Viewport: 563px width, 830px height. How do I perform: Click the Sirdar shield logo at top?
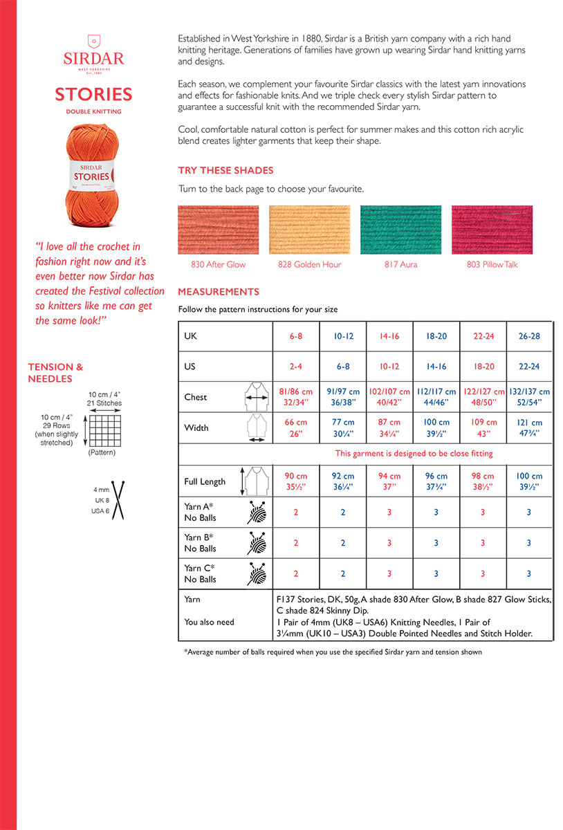[x=93, y=41]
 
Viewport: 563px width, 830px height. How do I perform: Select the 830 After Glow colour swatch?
[x=218, y=230]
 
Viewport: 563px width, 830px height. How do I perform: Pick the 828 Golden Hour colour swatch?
[x=309, y=230]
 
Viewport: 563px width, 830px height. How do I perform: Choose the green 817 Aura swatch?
[x=400, y=230]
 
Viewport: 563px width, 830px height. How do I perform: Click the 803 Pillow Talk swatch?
[x=492, y=230]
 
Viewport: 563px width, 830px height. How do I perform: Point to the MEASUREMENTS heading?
[x=219, y=292]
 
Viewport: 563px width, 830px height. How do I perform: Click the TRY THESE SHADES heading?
[x=225, y=170]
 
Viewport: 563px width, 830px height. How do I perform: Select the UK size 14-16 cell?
[x=389, y=336]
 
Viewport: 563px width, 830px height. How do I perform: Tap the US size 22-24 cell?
[x=529, y=367]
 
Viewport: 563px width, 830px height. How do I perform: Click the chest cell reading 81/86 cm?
[x=296, y=396]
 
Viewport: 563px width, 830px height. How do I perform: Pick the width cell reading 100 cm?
[x=436, y=427]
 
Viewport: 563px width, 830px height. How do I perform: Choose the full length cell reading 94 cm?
[x=389, y=481]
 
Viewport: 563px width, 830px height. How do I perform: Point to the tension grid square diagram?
[x=104, y=430]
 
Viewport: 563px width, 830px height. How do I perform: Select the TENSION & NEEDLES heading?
[x=55, y=373]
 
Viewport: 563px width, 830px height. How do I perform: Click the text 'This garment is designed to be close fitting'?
[x=414, y=454]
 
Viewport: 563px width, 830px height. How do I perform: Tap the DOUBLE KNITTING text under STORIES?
[x=93, y=111]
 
